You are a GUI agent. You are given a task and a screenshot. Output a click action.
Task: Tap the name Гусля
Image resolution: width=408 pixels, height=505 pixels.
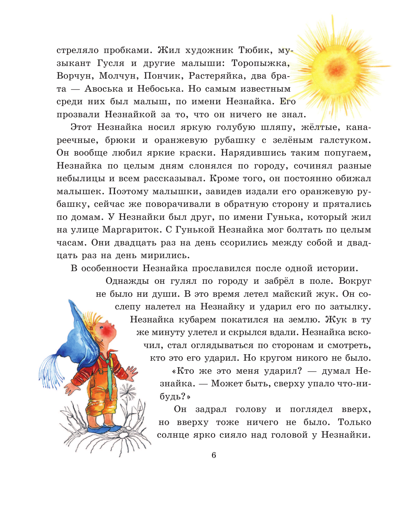110,63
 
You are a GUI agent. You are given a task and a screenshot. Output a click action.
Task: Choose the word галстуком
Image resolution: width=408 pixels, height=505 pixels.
345,140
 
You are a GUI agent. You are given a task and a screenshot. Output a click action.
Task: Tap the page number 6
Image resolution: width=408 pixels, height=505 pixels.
214,455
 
